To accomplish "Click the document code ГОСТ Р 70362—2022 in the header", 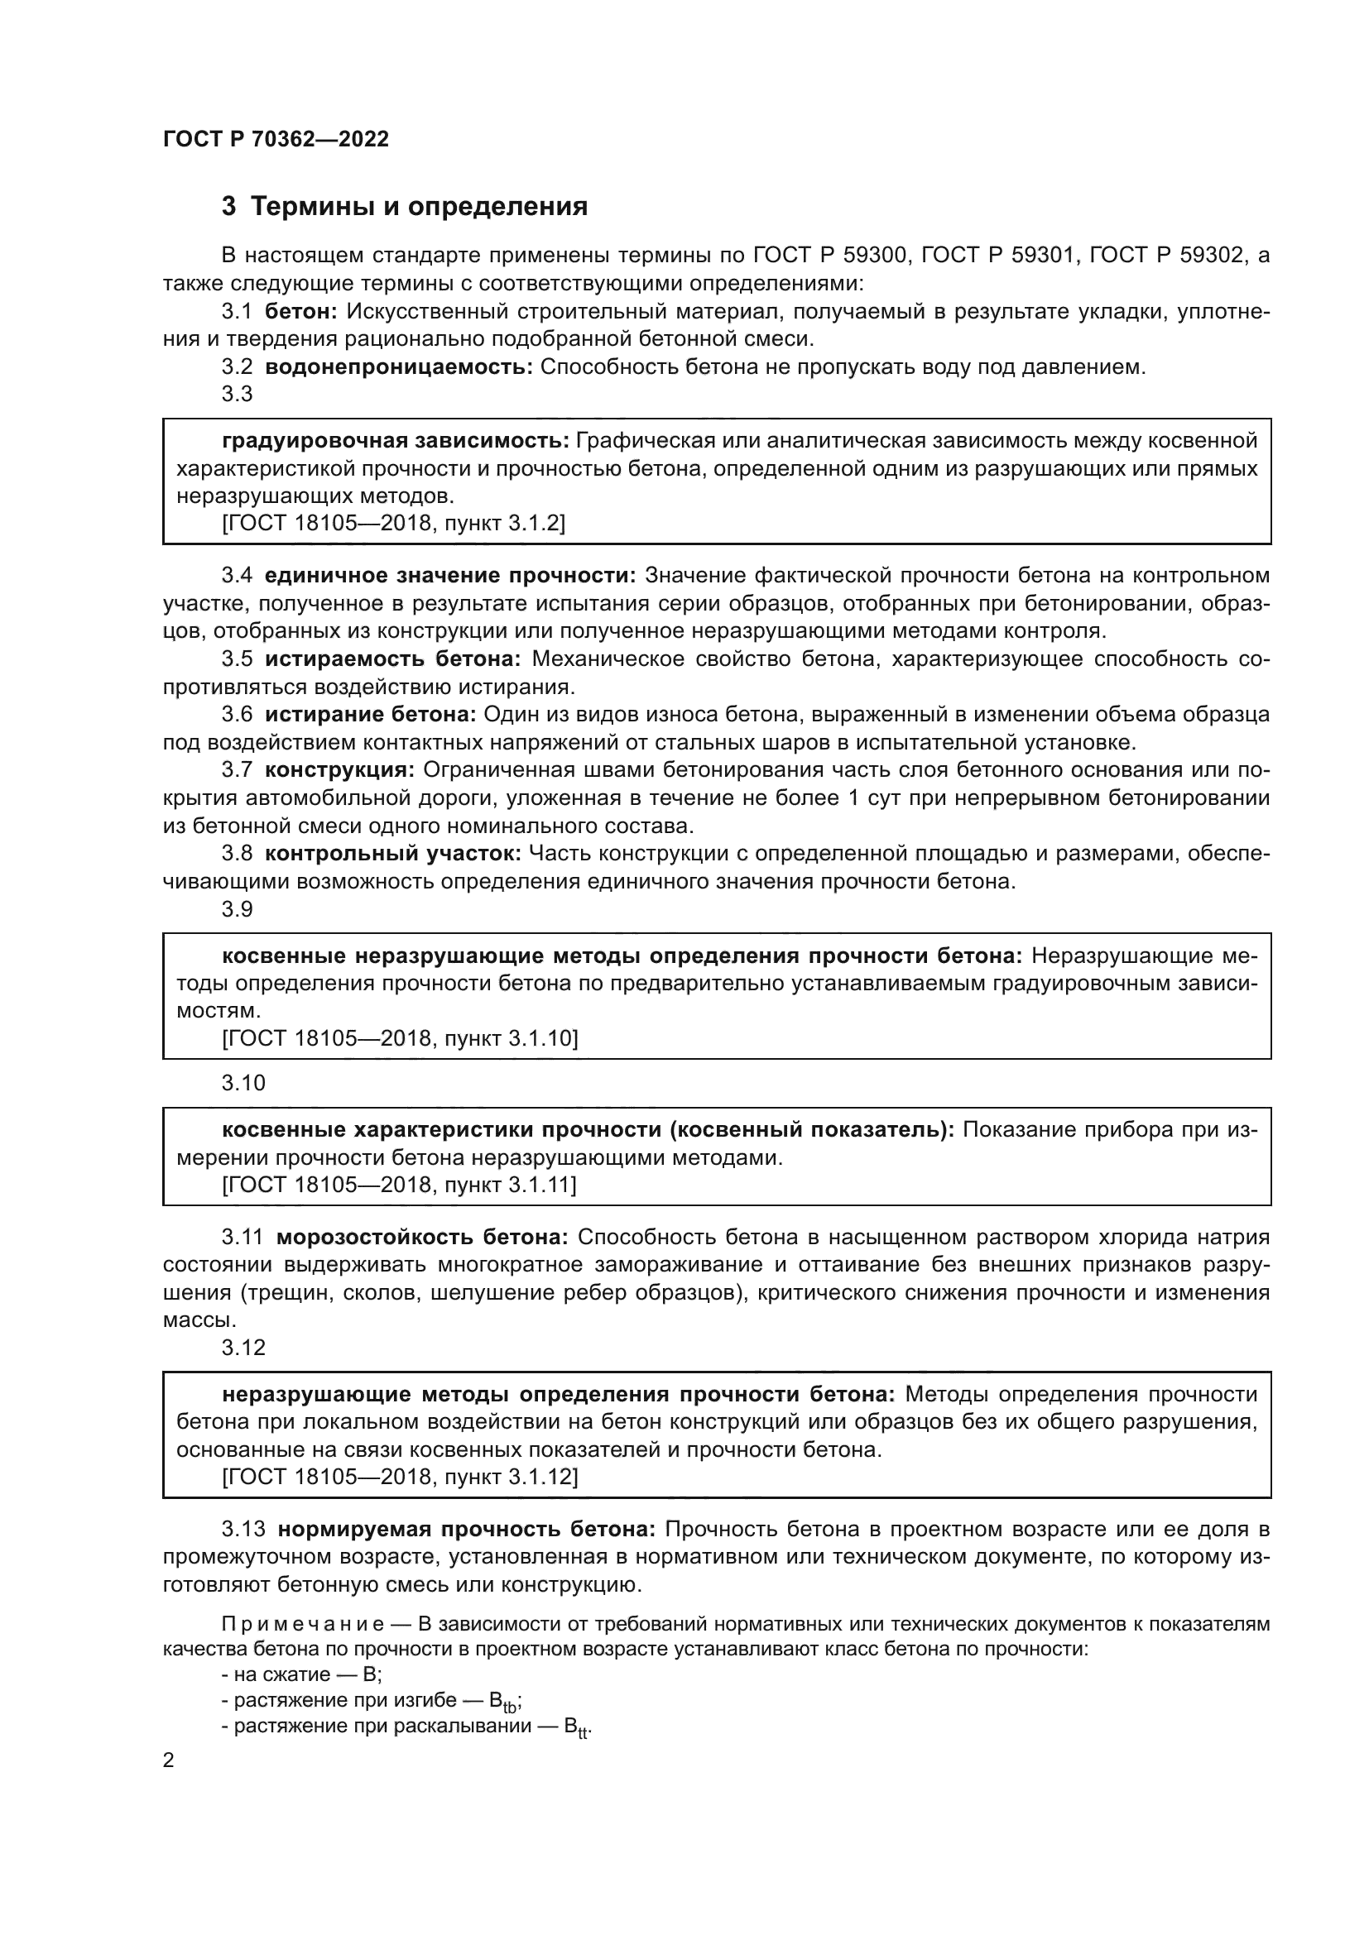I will (276, 140).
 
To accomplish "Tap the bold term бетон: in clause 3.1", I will (301, 312).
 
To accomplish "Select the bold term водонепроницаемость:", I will (399, 367).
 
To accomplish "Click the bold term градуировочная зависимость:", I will (396, 441).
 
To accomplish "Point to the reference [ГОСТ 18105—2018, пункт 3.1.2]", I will (393, 524).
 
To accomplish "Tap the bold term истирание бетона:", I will (371, 715).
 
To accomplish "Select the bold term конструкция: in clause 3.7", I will (339, 770).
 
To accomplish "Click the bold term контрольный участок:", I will (393, 854).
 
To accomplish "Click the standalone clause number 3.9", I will (237, 909).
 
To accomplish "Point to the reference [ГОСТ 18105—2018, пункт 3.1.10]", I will (400, 1038).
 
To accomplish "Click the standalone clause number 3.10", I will (243, 1083).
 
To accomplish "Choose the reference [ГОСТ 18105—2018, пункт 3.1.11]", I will (399, 1185).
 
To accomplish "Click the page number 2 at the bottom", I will (169, 1760).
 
